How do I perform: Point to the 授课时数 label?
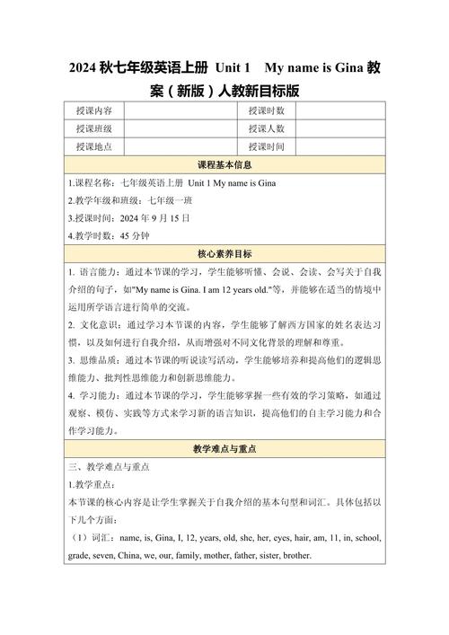click(x=267, y=111)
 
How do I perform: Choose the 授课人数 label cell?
click(x=267, y=129)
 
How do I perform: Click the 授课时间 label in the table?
click(x=267, y=147)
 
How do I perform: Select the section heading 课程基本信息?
click(x=224, y=165)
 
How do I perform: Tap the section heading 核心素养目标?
click(x=224, y=254)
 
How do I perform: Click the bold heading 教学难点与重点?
click(x=224, y=448)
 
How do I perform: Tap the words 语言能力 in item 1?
click(x=95, y=272)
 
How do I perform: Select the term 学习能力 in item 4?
click(x=95, y=396)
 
